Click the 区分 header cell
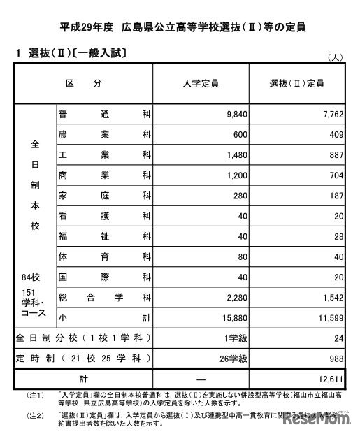pyautogui.click(x=84, y=83)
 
